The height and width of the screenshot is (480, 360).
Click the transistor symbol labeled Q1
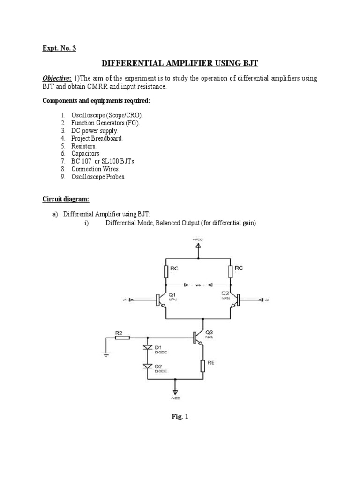tap(159, 300)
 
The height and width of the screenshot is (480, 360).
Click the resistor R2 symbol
tap(119, 337)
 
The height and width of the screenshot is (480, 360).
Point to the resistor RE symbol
tap(202, 365)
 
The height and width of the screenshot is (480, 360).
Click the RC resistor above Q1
tap(166, 271)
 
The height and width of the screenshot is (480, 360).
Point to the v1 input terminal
tap(132, 300)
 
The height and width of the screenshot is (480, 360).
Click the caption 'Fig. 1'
tap(180, 416)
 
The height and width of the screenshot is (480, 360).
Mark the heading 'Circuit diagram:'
tap(66, 199)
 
